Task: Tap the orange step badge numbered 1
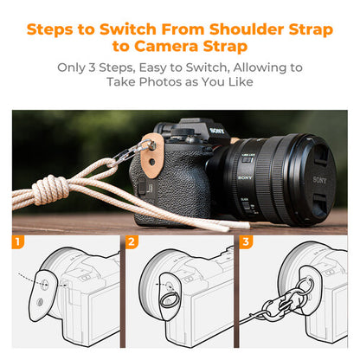click(19, 243)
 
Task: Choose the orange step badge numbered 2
click(133, 243)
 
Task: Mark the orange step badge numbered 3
click(246, 243)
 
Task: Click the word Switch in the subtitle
click(222, 67)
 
